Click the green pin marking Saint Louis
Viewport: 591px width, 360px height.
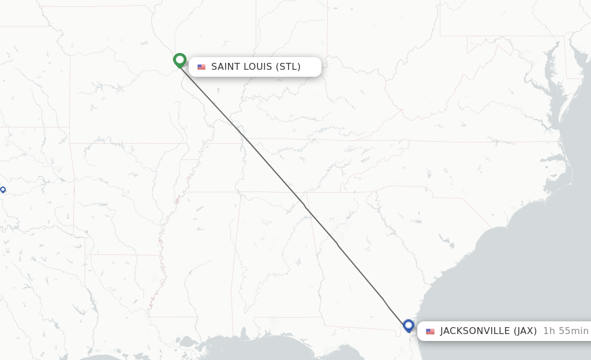[x=179, y=59]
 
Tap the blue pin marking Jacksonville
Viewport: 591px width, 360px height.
[x=409, y=325]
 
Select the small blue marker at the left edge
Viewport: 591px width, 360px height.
[x=3, y=189]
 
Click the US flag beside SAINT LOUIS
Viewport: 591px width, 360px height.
[x=201, y=67]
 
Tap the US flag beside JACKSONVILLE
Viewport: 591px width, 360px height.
[x=430, y=331]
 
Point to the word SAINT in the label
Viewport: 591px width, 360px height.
[x=225, y=67]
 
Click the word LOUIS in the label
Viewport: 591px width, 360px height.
[x=257, y=67]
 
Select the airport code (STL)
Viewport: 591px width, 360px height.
[x=288, y=67]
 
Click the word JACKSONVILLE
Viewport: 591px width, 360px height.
[x=474, y=331]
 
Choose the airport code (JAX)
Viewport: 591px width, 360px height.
[x=525, y=331]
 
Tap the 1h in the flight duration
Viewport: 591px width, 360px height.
[x=549, y=331]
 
